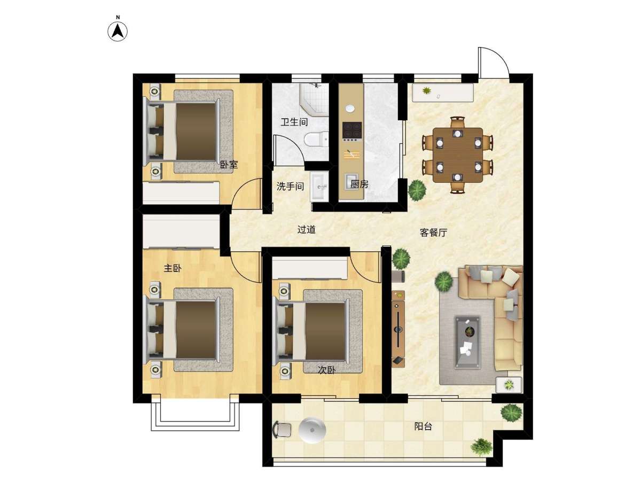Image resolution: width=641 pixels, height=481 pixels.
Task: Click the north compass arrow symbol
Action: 118,30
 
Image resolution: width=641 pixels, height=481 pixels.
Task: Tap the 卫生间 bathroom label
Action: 294,122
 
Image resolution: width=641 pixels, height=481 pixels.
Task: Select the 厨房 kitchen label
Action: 359,184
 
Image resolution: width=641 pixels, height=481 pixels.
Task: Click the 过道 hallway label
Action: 306,230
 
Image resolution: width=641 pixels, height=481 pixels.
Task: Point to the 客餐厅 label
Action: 433,232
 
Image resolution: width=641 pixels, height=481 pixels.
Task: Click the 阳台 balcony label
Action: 423,426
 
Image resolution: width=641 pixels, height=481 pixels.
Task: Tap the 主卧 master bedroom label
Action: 173,268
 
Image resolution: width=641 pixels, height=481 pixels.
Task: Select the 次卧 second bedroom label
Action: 326,370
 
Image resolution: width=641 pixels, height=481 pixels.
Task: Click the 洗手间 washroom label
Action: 290,186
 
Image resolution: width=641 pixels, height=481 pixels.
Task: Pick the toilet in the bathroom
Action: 316,139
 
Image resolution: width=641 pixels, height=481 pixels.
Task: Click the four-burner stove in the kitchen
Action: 352,130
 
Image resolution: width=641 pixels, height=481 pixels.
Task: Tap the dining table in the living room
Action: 458,155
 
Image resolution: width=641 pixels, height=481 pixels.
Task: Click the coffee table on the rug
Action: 467,342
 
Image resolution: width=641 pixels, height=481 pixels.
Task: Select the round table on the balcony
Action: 312,430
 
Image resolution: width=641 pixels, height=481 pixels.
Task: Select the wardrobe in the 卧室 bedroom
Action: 181,193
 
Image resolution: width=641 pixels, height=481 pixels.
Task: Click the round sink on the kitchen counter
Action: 350,108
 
